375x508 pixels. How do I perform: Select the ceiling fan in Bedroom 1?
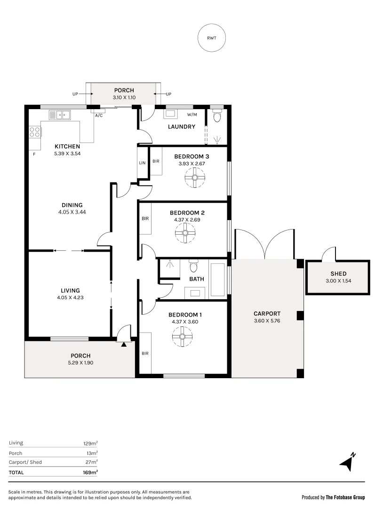click(x=183, y=337)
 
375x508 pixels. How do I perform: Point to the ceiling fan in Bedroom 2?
click(x=185, y=233)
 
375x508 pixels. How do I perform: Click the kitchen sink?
click(x=59, y=114)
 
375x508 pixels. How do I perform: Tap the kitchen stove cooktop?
click(x=35, y=132)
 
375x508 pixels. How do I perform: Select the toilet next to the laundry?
click(x=217, y=116)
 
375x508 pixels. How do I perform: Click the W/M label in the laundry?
click(x=192, y=114)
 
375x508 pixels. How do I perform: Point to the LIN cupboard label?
click(x=142, y=162)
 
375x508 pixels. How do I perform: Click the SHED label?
click(x=338, y=274)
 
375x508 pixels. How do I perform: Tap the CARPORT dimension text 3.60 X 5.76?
click(x=267, y=321)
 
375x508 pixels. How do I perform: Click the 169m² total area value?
click(x=91, y=472)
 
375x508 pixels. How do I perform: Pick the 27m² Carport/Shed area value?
click(x=91, y=462)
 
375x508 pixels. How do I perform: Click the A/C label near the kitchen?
click(x=99, y=115)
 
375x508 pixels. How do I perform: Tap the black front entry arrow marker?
click(x=124, y=345)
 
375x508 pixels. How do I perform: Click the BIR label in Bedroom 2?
click(x=145, y=219)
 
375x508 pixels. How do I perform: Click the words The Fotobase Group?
click(x=345, y=497)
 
